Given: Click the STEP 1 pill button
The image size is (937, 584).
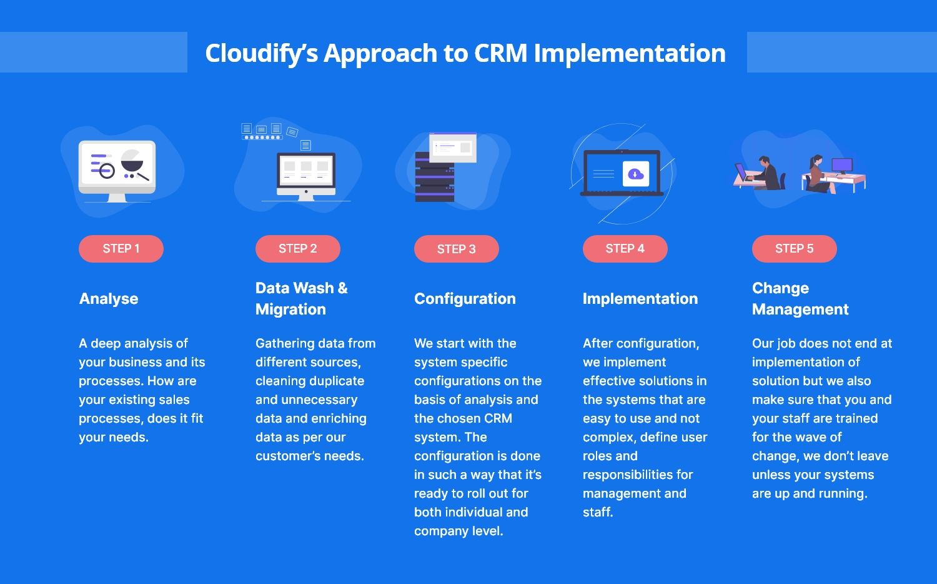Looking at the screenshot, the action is click(121, 249).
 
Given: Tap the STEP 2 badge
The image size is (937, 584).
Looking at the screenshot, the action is click(298, 249).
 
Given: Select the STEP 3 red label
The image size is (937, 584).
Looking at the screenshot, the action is click(457, 249).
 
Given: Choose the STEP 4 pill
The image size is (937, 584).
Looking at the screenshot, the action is click(625, 249).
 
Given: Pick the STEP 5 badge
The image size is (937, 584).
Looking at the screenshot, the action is click(795, 249).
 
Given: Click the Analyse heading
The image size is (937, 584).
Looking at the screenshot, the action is click(109, 299).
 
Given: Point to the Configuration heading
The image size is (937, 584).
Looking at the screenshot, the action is click(465, 299).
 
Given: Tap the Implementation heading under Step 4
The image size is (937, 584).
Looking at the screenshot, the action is click(640, 298).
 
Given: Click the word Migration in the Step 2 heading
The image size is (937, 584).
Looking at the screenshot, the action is click(290, 310).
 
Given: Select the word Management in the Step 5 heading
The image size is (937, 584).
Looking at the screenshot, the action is click(800, 310).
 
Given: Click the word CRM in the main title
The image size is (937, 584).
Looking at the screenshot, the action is click(500, 53).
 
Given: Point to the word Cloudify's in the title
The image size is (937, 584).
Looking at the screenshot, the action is click(262, 54).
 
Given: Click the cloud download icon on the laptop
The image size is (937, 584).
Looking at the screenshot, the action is click(636, 174).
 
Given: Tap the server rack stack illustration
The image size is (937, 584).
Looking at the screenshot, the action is click(435, 178).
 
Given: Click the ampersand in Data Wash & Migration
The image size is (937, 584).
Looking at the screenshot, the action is click(342, 288).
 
